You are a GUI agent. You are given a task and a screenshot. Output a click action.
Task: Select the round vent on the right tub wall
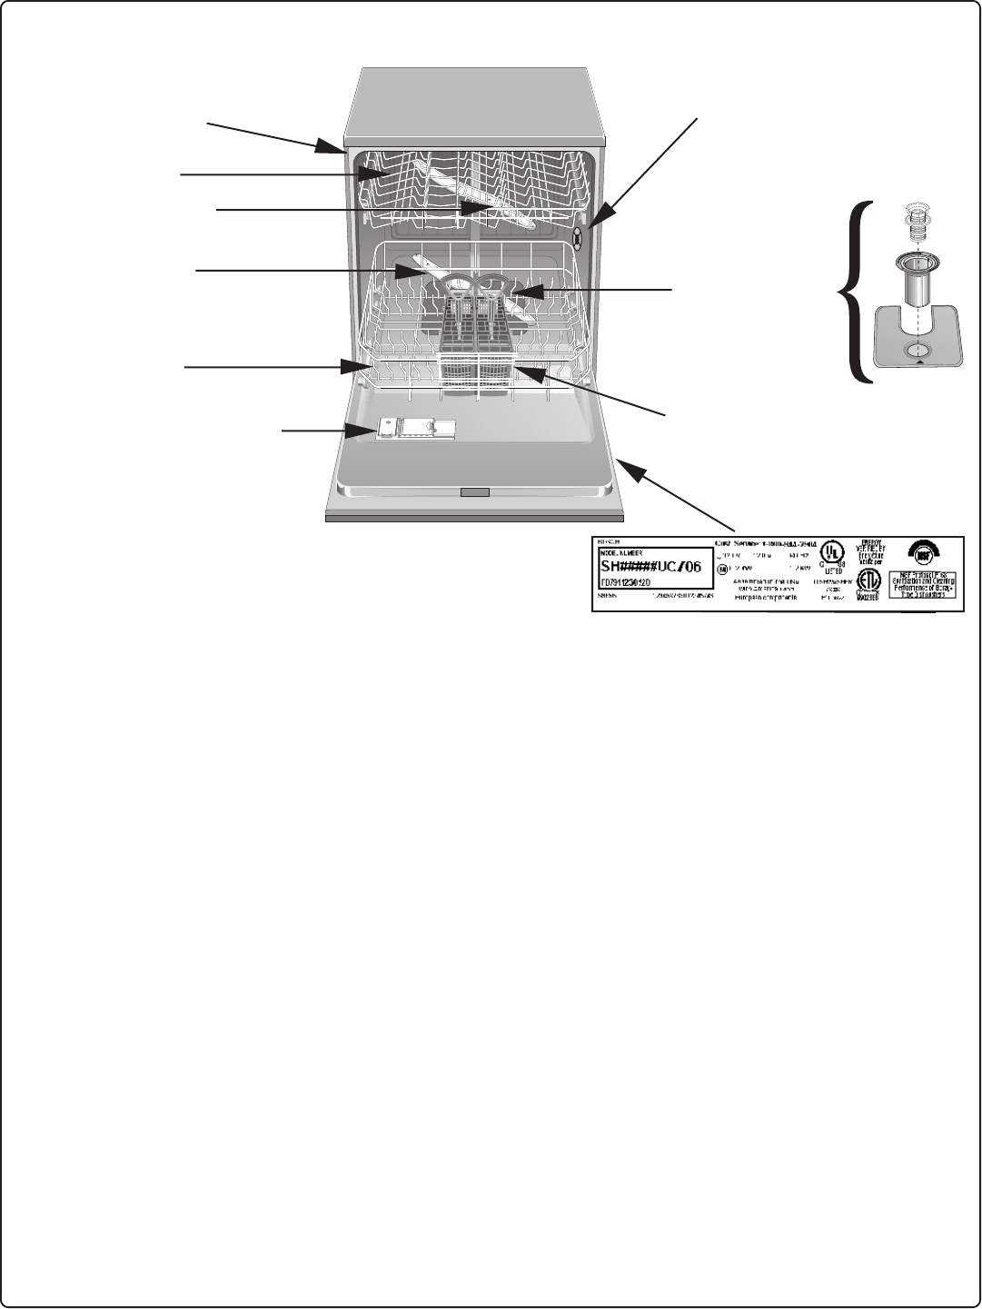pos(578,238)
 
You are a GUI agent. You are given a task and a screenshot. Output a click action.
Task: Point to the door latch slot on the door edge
pos(474,492)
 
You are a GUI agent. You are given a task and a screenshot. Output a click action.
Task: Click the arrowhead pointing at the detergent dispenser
pos(372,431)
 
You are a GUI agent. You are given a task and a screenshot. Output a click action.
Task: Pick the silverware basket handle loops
pos(477,285)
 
